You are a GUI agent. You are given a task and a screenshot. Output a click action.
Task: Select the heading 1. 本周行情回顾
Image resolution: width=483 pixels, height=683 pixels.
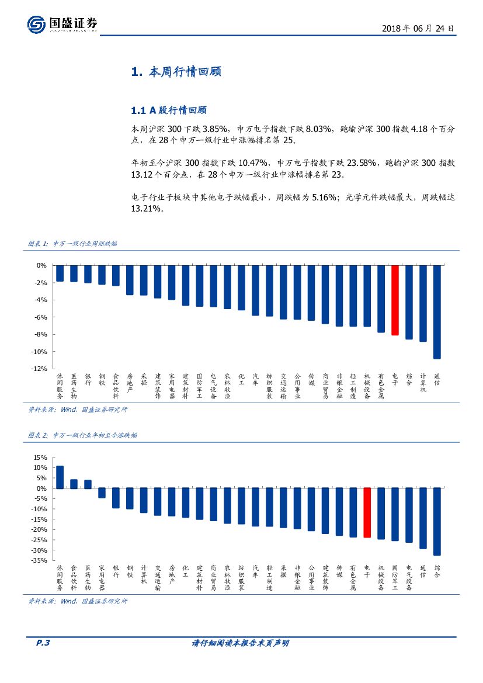(x=175, y=72)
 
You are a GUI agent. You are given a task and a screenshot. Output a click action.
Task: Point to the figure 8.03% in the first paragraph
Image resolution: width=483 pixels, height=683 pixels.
(x=318, y=129)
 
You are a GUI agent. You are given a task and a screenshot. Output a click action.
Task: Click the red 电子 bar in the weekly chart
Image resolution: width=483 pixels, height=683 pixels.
(x=395, y=300)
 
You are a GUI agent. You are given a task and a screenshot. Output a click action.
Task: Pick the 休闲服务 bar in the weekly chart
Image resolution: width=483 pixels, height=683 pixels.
(x=60, y=273)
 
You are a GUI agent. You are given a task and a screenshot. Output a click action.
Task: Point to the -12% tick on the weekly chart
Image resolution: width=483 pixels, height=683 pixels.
(x=39, y=369)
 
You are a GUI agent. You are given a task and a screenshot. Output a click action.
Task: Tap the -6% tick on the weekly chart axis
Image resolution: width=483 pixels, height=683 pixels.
(x=41, y=317)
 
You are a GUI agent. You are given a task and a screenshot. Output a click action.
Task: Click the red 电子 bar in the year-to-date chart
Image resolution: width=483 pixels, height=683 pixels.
(x=367, y=512)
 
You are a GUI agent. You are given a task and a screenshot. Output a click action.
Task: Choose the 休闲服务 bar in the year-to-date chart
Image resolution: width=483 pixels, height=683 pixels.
(x=60, y=477)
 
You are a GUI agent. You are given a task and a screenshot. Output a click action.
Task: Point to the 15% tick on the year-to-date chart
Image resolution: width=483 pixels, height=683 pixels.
(x=40, y=457)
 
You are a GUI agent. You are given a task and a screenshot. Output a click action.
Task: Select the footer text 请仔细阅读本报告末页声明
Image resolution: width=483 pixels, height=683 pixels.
(x=241, y=643)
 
